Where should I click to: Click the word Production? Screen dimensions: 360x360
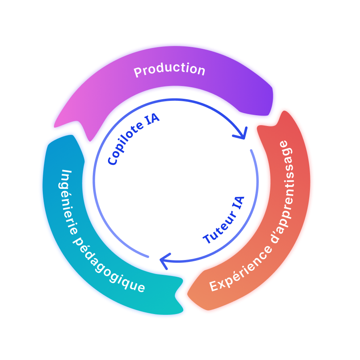(169, 70)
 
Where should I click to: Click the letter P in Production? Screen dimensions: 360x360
(138, 72)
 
